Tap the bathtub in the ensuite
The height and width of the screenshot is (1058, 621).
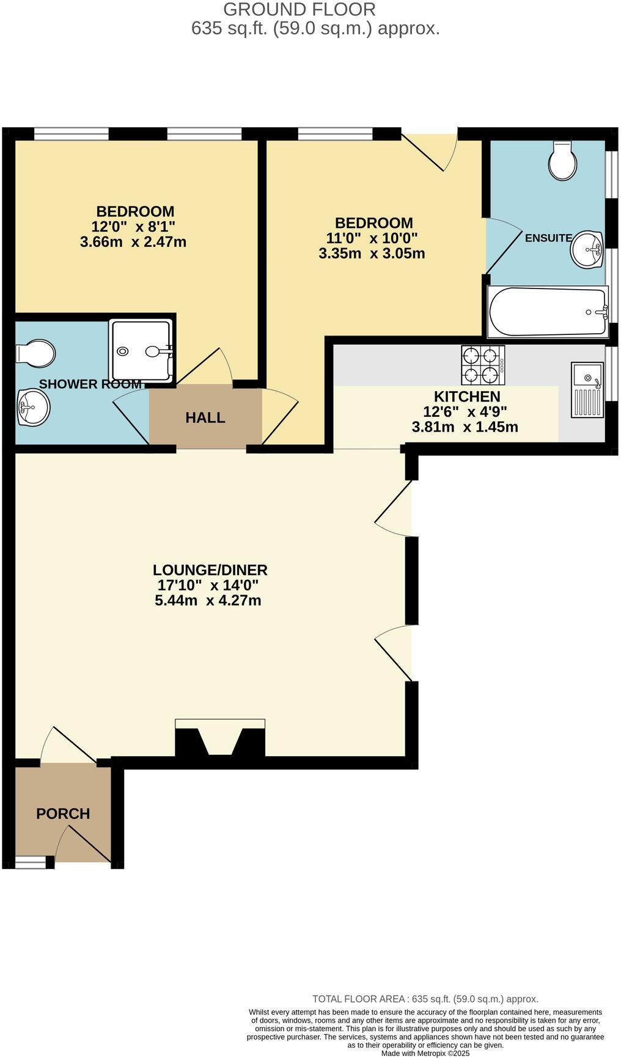pyautogui.click(x=548, y=312)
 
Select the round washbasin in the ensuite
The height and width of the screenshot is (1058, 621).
pyautogui.click(x=588, y=249)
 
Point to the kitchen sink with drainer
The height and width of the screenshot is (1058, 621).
pyautogui.click(x=587, y=389)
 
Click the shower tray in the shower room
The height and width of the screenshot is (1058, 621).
pyautogui.click(x=141, y=351)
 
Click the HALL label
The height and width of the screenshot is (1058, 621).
pyautogui.click(x=205, y=418)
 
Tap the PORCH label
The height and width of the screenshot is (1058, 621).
pyautogui.click(x=63, y=814)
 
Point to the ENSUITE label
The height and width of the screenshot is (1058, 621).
pyautogui.click(x=548, y=238)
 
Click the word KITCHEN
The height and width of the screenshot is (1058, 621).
pyautogui.click(x=467, y=397)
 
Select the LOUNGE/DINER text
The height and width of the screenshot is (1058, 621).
pyautogui.click(x=210, y=570)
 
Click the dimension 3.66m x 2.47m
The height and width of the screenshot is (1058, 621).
pyautogui.click(x=133, y=242)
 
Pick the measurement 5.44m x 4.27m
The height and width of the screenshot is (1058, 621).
pyautogui.click(x=208, y=600)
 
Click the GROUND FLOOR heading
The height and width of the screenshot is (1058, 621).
pyautogui.click(x=299, y=10)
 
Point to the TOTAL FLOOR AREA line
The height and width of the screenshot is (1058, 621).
pyautogui.click(x=425, y=999)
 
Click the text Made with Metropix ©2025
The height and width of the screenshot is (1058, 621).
pyautogui.click(x=425, y=1053)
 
